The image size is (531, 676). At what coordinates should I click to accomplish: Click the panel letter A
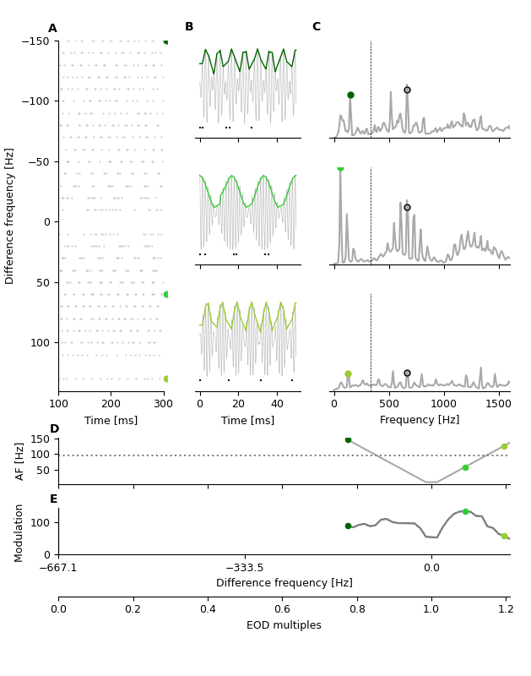tap(52, 29)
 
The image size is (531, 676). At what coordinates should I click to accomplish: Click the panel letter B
tap(189, 27)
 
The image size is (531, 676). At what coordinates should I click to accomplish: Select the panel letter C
tap(317, 27)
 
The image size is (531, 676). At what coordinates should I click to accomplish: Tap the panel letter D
tap(54, 429)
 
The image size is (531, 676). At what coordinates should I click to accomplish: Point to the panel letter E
tap(53, 499)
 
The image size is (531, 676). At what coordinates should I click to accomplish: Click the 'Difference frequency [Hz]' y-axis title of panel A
tap(10, 215)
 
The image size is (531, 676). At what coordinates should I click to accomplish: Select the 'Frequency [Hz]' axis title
tap(420, 420)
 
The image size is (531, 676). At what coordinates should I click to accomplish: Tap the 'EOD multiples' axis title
tap(284, 625)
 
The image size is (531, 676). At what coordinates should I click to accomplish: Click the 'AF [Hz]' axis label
tap(20, 461)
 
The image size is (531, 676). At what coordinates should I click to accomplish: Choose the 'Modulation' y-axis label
tap(19, 532)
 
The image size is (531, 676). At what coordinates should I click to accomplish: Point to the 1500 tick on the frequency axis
tap(500, 403)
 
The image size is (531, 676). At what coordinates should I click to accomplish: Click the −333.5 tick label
tap(245, 568)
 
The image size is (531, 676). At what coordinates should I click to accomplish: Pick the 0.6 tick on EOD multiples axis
tap(282, 608)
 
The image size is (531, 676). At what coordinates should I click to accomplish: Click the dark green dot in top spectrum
tap(350, 95)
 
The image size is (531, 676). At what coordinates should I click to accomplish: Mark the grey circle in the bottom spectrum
tap(407, 373)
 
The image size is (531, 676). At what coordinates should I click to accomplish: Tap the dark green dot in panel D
tap(348, 439)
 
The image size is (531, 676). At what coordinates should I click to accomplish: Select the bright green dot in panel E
tap(465, 511)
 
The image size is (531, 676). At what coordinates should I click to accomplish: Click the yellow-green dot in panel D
tap(504, 446)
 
